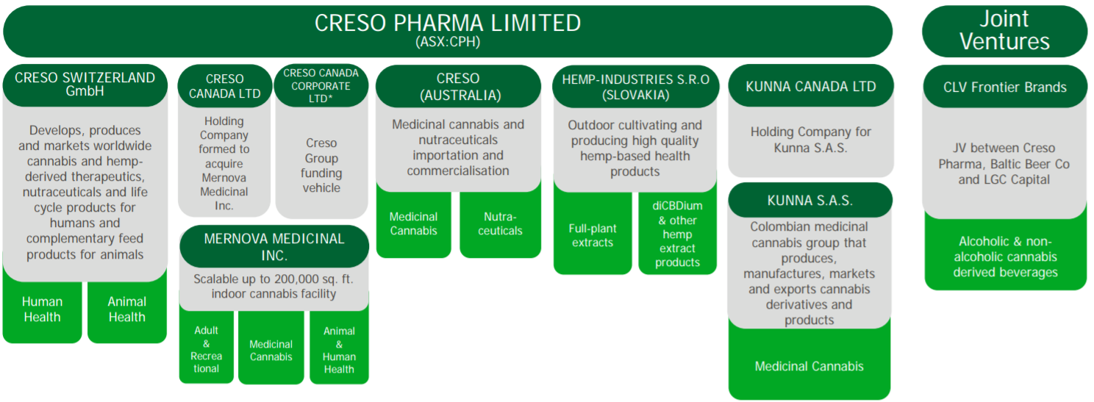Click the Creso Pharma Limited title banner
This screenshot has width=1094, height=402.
click(x=447, y=32)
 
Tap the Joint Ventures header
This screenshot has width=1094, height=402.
click(x=1004, y=32)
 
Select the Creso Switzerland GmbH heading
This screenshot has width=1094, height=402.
click(x=85, y=85)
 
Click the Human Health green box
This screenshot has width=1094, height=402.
click(x=43, y=309)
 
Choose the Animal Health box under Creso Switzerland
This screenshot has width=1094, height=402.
click(x=127, y=309)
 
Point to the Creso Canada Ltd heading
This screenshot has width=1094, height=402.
click(x=225, y=86)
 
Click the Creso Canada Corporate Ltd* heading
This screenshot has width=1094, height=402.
click(x=321, y=85)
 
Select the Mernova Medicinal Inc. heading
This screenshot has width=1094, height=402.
click(x=274, y=246)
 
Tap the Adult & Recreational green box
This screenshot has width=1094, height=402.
click(x=206, y=349)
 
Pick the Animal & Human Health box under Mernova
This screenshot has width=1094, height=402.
click(x=339, y=349)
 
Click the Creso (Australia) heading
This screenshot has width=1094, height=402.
click(x=458, y=87)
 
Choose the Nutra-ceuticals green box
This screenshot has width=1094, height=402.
click(x=500, y=223)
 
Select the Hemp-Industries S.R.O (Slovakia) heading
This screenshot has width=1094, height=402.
click(x=635, y=87)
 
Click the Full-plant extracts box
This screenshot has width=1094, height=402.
click(x=593, y=235)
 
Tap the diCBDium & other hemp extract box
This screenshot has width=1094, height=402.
click(x=677, y=234)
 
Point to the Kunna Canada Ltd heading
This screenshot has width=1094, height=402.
click(x=811, y=86)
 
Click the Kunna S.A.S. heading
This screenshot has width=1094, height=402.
click(x=809, y=201)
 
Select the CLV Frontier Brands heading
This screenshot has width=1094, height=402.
click(x=1005, y=87)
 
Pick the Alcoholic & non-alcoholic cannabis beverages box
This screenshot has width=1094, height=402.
click(x=1005, y=256)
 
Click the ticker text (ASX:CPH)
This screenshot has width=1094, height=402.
click(x=448, y=41)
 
